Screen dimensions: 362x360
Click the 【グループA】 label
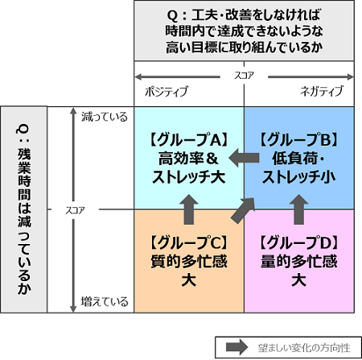point(189,139)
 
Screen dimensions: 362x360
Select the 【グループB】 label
point(298,139)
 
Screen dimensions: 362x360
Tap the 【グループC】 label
point(189,242)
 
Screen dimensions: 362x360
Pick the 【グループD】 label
point(298,242)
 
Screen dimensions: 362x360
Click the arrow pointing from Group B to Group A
point(244,158)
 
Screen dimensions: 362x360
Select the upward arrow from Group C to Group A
point(189,209)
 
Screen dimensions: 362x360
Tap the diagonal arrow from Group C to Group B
point(243,210)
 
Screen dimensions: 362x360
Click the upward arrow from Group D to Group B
point(298,209)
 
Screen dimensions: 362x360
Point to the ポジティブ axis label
point(167,91)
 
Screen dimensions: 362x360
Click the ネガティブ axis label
point(322,91)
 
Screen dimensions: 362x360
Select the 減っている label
point(105,117)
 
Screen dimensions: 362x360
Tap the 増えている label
point(105,302)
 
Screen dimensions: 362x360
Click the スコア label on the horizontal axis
point(244,76)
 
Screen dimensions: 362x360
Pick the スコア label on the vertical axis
point(76,210)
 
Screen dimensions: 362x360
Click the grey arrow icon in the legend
point(237,347)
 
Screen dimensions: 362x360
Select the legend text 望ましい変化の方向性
point(304,348)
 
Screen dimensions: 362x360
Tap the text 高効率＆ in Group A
point(189,159)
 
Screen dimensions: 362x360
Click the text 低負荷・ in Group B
point(298,159)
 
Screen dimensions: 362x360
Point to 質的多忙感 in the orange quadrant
point(189,261)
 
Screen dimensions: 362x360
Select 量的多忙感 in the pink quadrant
point(298,261)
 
